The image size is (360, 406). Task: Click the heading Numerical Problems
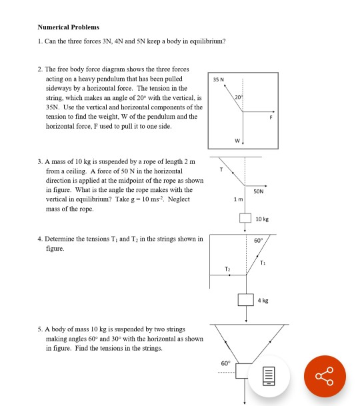[x=68, y=27]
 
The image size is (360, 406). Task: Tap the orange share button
[x=325, y=377]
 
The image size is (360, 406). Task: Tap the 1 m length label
[x=229, y=201]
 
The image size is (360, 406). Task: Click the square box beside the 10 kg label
[x=245, y=219]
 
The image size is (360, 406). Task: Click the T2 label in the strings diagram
[x=228, y=269]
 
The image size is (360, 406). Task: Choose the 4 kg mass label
[x=264, y=301]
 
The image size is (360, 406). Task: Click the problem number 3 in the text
[x=40, y=162]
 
